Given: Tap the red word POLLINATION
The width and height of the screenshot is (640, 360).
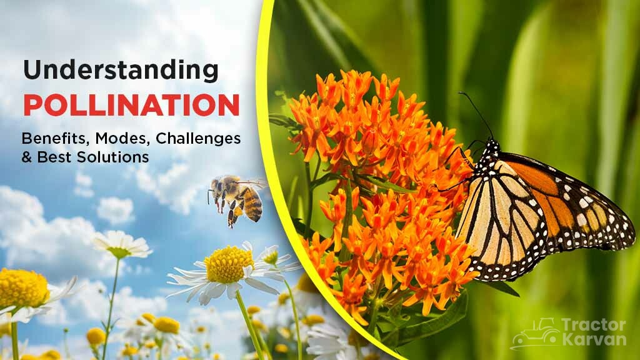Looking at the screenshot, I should pyautogui.click(x=131, y=104).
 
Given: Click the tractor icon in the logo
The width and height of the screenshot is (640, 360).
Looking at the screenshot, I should pyautogui.click(x=534, y=334).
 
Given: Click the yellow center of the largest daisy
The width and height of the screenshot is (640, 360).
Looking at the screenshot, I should pyautogui.click(x=229, y=264).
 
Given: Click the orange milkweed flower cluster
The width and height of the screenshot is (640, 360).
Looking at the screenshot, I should pyautogui.click(x=375, y=187).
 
